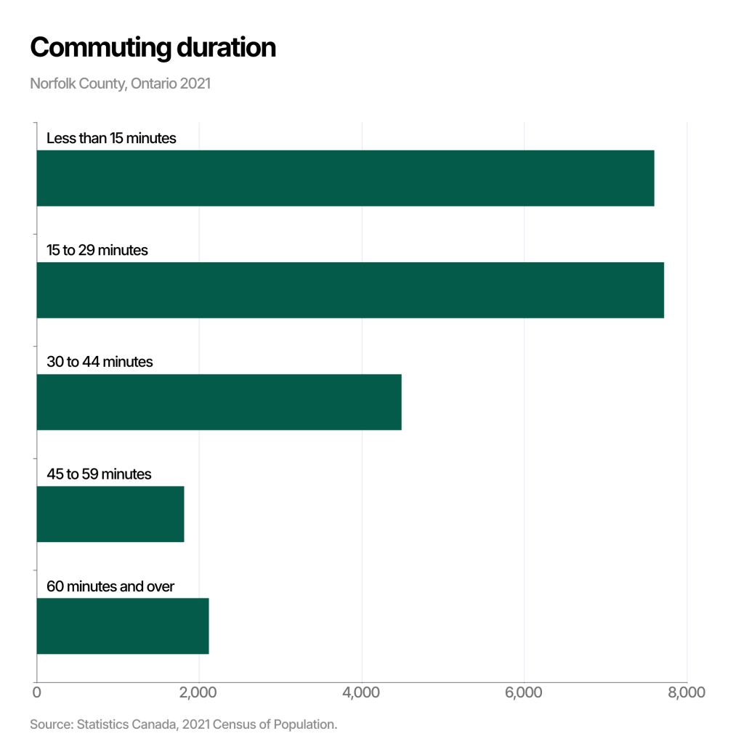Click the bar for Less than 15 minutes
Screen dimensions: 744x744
click(345, 178)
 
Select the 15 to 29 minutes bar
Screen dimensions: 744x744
click(350, 290)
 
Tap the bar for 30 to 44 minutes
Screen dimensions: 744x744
click(219, 402)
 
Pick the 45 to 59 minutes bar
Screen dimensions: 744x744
click(110, 514)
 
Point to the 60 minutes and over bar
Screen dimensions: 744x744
click(123, 626)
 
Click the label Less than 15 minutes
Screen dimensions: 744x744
click(111, 138)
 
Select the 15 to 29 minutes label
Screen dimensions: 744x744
click(97, 250)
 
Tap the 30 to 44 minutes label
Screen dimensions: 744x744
click(100, 362)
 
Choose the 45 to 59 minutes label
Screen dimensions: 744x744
click(99, 474)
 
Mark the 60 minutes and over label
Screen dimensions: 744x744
click(110, 586)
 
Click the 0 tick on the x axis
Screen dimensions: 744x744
click(37, 692)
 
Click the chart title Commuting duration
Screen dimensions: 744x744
click(153, 48)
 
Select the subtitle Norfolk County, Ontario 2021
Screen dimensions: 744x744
click(121, 84)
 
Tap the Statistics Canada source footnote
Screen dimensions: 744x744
click(184, 724)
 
